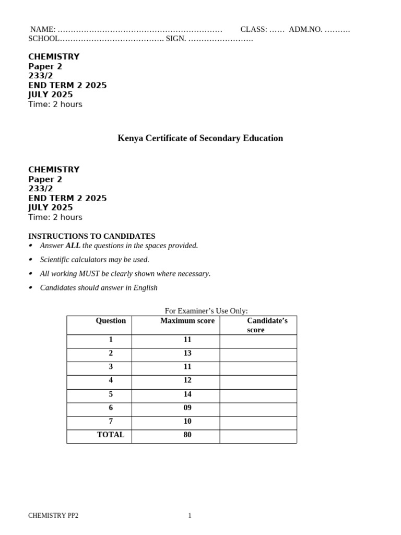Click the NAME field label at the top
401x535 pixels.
(43, 30)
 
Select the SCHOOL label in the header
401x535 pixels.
(44, 39)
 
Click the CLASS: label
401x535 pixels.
(254, 30)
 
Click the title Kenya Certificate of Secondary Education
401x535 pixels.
(200, 138)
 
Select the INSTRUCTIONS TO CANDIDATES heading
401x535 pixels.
(91, 236)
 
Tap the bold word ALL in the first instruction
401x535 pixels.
(73, 246)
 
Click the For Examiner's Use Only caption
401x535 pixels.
(206, 311)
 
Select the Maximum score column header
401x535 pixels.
(187, 321)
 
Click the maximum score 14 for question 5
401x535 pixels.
(187, 394)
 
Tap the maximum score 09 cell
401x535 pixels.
(187, 408)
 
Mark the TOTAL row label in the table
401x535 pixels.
(111, 435)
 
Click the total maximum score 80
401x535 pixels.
(187, 435)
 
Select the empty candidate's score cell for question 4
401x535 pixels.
(258, 382)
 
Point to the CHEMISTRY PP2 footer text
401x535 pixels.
(53, 516)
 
